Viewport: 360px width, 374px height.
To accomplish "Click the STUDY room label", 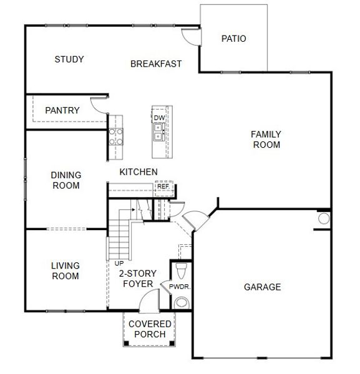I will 69,59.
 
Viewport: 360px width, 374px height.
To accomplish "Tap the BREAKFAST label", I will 156,64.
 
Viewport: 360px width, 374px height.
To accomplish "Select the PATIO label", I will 234,39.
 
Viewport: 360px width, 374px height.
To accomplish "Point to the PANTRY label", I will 62,110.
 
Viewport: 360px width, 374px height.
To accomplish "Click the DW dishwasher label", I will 159,117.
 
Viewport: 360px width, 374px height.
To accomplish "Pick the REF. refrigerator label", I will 163,186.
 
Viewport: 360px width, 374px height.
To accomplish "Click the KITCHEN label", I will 139,171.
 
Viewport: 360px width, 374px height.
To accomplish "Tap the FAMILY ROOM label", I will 266,139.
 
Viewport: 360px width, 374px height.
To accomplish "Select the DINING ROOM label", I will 66,180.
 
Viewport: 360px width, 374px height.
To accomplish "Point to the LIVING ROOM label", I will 65,271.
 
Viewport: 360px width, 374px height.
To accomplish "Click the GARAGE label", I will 262,287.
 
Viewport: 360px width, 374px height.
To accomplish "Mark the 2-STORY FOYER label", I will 138,279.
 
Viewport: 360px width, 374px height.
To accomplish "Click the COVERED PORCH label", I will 150,328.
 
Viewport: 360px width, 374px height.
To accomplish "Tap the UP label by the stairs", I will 119,263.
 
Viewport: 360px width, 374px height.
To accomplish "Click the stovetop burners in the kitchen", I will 116,136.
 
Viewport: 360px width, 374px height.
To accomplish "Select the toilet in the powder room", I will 182,271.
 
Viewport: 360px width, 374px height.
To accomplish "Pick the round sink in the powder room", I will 182,303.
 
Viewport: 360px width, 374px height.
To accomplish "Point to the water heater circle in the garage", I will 324,219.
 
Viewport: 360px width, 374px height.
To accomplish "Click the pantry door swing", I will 99,105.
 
